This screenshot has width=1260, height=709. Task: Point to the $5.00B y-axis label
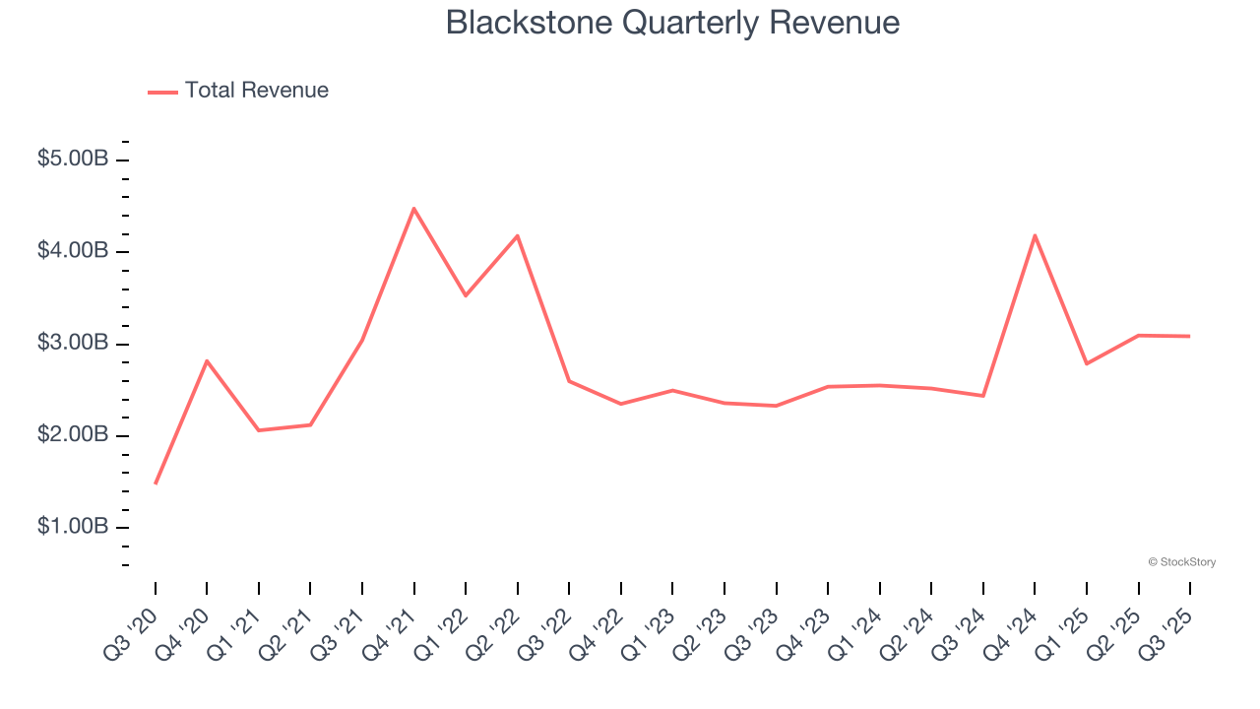[73, 159]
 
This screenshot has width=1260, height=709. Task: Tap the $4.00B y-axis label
[73, 251]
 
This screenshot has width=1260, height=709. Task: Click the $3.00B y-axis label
[73, 343]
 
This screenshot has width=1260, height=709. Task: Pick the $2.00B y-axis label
[73, 435]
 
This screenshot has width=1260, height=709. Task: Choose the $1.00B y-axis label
[73, 527]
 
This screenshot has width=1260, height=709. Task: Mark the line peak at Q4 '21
[414, 209]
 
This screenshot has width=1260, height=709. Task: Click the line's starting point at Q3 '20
[156, 483]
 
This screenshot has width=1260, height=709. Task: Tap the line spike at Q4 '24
[1035, 235]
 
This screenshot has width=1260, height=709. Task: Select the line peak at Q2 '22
[518, 235]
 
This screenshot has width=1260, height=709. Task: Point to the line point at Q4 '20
[207, 360]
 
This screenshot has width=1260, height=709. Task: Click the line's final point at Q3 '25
[1190, 336]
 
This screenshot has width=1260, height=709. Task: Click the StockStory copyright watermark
[1181, 562]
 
